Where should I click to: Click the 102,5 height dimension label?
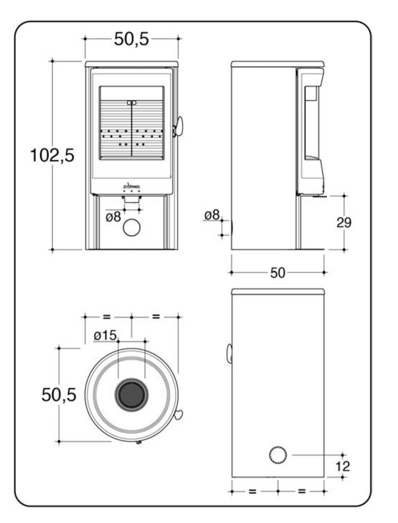(53, 155)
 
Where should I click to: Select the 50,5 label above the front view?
(131, 39)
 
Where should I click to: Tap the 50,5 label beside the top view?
(59, 395)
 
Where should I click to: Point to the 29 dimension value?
(344, 223)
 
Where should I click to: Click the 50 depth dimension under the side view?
(278, 273)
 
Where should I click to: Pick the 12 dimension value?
(343, 466)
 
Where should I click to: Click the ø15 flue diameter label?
(105, 335)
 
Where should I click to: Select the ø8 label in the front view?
(114, 216)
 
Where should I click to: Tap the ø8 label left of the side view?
(212, 215)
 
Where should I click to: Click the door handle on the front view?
(178, 126)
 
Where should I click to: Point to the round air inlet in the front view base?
(131, 227)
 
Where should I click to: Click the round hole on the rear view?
(278, 455)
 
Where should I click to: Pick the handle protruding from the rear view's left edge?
(229, 353)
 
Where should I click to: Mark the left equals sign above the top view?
(107, 317)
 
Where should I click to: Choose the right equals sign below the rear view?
(302, 491)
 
